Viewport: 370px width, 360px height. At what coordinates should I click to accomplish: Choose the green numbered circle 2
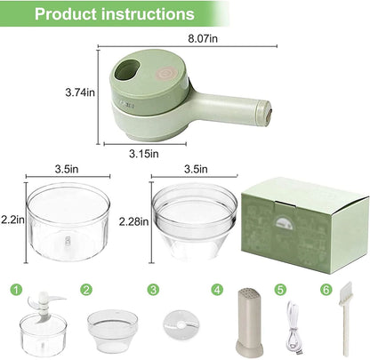pos(85,289)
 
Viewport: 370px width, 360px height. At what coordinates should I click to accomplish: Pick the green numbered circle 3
pos(153,289)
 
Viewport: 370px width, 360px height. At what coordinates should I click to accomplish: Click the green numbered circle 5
pos(280,289)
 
